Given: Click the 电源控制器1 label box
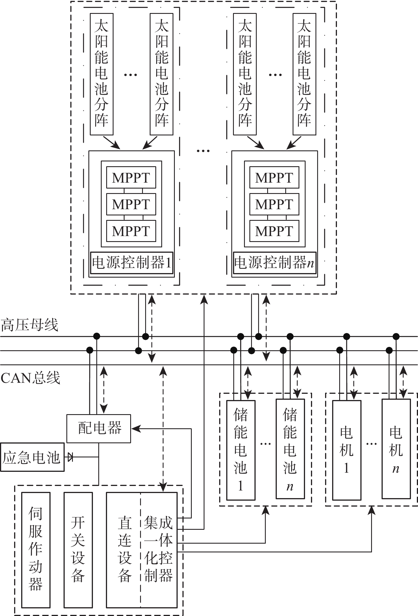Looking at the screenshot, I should (132, 263).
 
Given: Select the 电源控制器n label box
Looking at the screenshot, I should (274, 263).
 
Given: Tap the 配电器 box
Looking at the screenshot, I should (99, 428).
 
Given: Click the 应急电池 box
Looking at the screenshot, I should (32, 457).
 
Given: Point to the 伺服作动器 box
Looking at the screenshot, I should (36, 550).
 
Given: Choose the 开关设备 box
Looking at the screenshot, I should (78, 550).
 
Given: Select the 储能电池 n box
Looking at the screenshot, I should (290, 449).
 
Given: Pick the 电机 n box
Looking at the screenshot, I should (396, 449).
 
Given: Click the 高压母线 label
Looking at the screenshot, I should (30, 325).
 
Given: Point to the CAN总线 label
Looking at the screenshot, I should (31, 378).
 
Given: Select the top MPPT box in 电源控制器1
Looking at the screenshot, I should (131, 178).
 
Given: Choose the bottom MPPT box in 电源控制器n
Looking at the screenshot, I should (274, 231).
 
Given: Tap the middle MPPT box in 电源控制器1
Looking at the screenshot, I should (131, 204).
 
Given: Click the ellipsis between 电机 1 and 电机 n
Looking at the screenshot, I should (371, 444).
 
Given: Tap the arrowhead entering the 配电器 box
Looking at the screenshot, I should (135, 429).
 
